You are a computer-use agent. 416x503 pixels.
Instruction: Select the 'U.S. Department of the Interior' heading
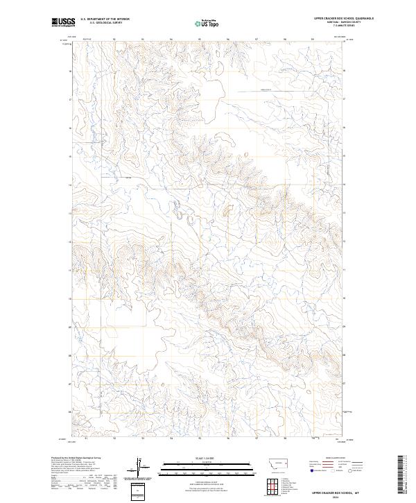[105, 20]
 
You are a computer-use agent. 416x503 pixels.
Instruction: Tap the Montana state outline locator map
[272, 463]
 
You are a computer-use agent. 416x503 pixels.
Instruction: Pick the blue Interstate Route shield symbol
[309, 470]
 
